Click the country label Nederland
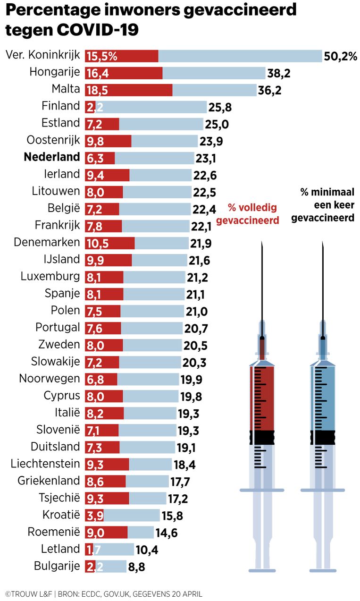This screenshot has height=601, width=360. pos(52,157)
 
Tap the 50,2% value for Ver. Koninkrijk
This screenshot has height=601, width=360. pos(340,56)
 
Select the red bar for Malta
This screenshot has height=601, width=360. pos(128,90)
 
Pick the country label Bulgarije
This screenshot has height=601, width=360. pos(57,566)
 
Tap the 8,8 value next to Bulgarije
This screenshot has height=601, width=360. pos(136,567)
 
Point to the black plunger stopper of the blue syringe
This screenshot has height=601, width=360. pos(323,437)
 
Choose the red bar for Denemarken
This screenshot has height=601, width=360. pos(109,243)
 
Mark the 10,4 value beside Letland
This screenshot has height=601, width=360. pos(148,550)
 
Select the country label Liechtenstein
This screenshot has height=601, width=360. pos(45,464)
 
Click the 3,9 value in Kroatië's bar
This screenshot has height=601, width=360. pos(95,515)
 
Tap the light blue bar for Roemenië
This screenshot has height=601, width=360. pos(141,532)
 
